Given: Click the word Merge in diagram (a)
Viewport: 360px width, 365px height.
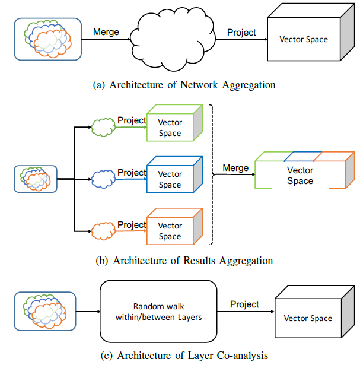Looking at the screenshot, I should click(106, 31).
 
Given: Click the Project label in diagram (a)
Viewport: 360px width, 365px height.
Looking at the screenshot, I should click(242, 32).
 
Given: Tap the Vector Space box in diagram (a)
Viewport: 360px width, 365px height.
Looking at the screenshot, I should click(303, 40).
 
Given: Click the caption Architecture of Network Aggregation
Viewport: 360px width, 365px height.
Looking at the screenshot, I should click(184, 85).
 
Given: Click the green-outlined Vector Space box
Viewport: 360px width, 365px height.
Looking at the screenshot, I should click(170, 128).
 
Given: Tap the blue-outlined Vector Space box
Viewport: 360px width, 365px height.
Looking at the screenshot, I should click(170, 179).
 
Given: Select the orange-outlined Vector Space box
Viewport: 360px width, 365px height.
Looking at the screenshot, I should click(170, 231).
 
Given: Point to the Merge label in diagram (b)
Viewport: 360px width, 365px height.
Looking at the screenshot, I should click(235, 168).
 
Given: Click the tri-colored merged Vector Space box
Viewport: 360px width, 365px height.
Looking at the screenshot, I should click(300, 176).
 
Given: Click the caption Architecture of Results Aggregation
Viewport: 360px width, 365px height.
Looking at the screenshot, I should click(184, 261).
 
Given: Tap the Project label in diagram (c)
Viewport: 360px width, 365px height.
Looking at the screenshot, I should click(245, 304).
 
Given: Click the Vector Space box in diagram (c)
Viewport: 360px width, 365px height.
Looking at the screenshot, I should click(308, 318).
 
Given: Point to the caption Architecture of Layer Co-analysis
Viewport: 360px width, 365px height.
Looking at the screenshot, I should click(184, 356).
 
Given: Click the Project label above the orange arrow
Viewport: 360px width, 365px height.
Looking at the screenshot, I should click(132, 224).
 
